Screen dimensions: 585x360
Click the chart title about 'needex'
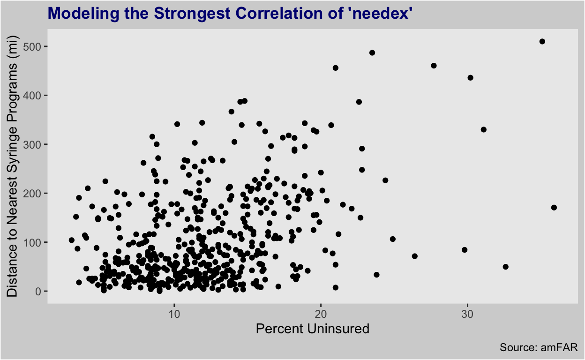230,13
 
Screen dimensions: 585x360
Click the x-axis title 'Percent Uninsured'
313,329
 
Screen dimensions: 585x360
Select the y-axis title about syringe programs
12,166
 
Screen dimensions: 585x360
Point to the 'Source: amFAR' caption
539,347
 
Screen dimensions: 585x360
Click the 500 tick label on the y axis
32,47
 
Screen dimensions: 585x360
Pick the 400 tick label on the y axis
32,96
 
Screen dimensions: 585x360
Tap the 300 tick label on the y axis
32,144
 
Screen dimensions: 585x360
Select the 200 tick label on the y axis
32,194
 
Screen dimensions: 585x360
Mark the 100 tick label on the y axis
32,242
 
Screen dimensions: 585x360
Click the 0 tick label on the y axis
38,291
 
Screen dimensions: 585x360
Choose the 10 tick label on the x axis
174,314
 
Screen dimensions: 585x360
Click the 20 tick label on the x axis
321,314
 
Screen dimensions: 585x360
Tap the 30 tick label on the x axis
467,314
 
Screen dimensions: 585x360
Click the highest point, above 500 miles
542,42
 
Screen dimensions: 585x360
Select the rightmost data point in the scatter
554,208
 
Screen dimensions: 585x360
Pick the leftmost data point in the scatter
72,240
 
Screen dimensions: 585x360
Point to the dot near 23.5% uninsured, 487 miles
372,53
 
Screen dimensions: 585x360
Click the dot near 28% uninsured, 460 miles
434,66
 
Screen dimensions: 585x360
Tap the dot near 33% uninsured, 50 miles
506,267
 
